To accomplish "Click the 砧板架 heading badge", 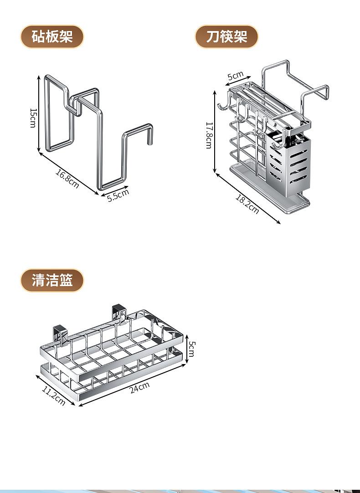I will tap(52, 36).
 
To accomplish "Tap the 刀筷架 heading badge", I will tap(226, 36).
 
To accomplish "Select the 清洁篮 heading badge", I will tap(52, 280).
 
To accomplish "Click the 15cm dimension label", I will tap(33, 118).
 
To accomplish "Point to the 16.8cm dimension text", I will tap(67, 179).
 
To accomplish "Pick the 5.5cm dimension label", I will tap(118, 195).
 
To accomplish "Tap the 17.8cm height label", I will tap(208, 134).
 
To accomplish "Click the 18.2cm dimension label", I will tap(247, 204).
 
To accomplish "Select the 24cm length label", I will tap(139, 388).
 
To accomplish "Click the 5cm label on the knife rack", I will tap(236, 75).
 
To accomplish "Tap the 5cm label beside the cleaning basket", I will tap(192, 349).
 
